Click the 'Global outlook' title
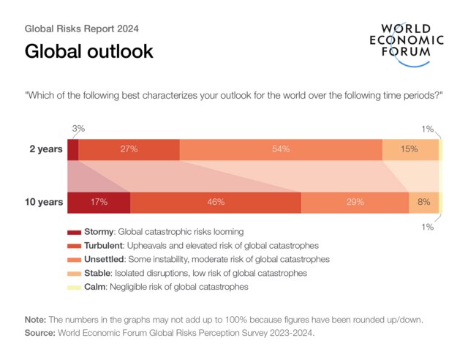[88, 52]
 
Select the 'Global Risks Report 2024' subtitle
[82, 29]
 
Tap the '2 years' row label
[45, 149]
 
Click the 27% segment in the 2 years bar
[129, 149]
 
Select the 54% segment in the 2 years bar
[281, 149]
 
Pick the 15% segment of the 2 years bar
[409, 149]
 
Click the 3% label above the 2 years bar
[78, 128]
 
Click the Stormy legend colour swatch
[74, 232]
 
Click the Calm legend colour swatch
[74, 288]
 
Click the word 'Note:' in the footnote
[37, 320]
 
